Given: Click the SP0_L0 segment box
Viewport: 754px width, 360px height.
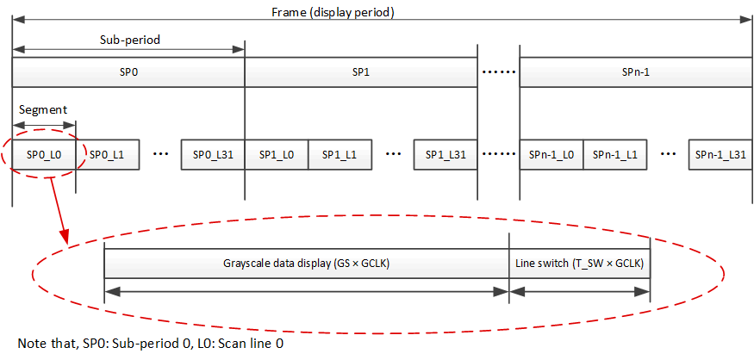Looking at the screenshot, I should pos(44,154).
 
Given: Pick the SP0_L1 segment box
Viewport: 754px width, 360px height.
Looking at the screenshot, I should pos(108,154).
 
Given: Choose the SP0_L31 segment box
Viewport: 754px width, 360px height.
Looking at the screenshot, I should pos(213,154).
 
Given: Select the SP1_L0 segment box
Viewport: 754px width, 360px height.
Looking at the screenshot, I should pos(277,154).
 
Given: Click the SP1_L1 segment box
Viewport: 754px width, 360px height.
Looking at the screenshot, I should pos(340,154).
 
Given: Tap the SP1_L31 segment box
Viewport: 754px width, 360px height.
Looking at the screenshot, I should pos(446,154).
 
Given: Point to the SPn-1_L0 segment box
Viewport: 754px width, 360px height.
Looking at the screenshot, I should pos(551,154).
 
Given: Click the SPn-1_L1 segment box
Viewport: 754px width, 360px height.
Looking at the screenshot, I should pos(615,154).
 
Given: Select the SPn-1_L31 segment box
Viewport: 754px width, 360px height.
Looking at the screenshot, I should pos(720,154).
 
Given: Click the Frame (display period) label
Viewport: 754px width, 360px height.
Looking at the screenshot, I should pos(382,12).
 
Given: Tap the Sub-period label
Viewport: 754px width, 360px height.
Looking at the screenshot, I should pos(128,40).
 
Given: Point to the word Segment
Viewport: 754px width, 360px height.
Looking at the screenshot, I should pos(43,110).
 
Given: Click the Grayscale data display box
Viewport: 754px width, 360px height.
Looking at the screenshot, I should pos(306,264).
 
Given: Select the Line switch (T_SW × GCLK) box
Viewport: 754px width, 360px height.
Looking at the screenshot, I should pos(579,264).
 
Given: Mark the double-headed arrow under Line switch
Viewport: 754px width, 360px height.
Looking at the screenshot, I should pos(579,291).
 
